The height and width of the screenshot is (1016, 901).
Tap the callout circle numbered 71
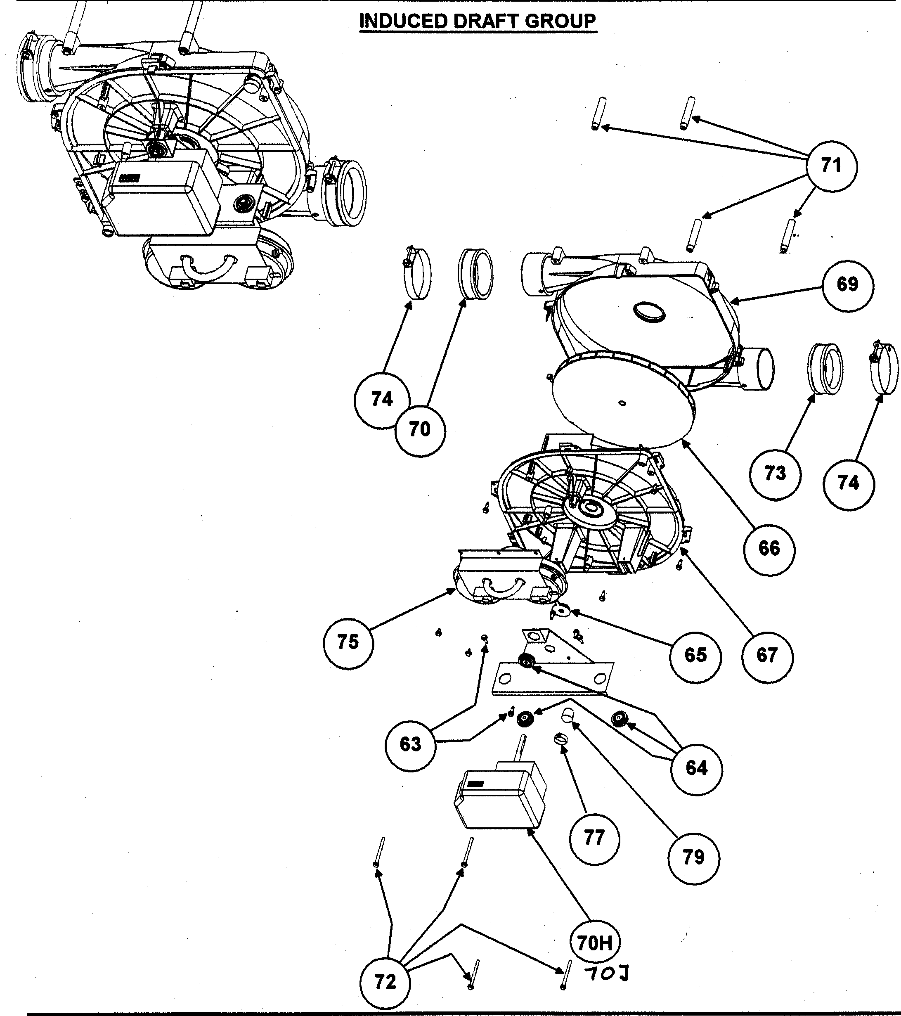click(x=831, y=165)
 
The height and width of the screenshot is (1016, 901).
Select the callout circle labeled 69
click(x=847, y=285)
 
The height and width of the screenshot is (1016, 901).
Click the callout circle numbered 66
click(x=769, y=549)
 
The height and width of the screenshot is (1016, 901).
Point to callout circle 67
click(x=767, y=655)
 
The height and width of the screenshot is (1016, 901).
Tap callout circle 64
click(x=696, y=768)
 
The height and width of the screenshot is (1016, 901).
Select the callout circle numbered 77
click(x=594, y=838)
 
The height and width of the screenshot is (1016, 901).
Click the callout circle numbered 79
click(x=693, y=857)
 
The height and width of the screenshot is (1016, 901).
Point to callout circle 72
click(x=385, y=982)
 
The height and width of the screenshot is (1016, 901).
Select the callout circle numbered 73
click(x=775, y=474)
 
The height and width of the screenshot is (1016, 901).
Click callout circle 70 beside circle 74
click(x=420, y=429)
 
